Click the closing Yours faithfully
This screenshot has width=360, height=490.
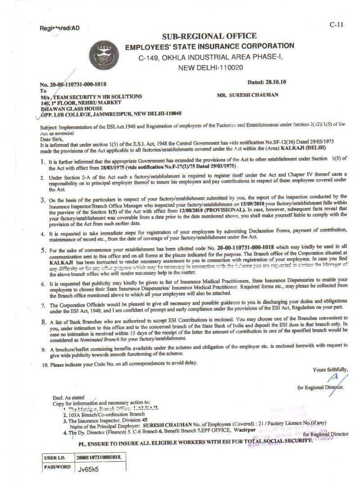pos(330,370)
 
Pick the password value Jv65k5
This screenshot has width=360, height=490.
pos(88,468)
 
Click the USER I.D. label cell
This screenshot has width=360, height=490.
pos(55,458)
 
